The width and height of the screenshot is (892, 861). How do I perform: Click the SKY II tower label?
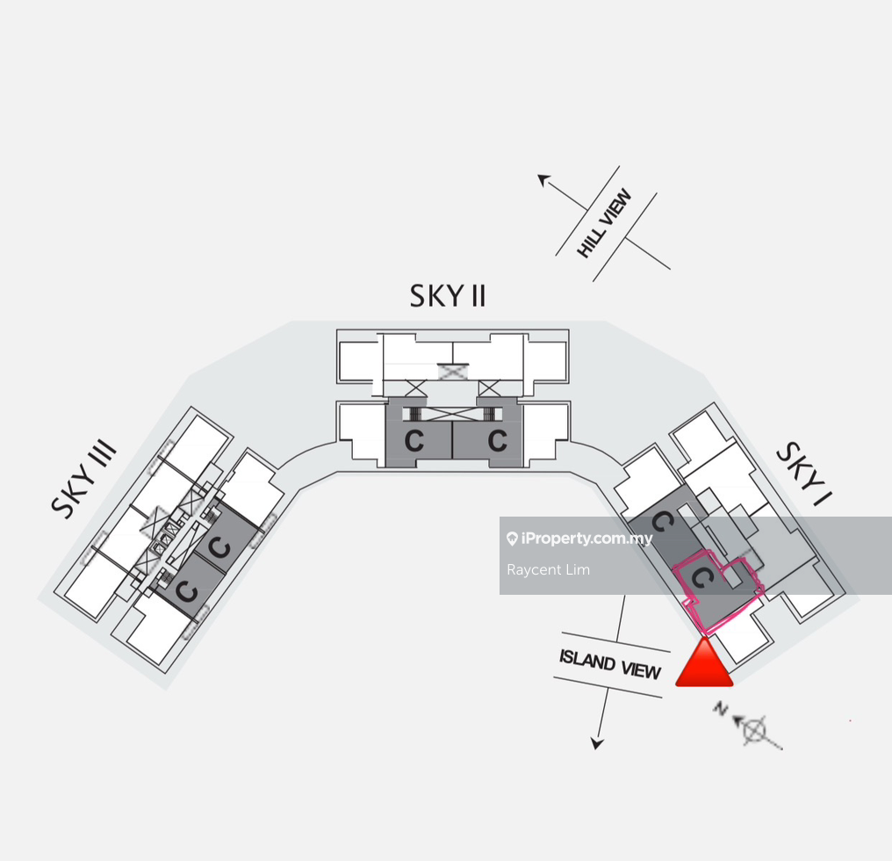(448, 296)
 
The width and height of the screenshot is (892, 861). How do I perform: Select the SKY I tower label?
(803, 474)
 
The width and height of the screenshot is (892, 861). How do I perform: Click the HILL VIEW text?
(605, 224)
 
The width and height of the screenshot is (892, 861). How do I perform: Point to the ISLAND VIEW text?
(610, 664)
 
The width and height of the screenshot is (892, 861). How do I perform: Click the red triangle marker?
(704, 664)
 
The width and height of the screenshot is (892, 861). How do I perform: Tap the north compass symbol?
(755, 729)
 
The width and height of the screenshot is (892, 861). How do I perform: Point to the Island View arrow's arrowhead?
(598, 743)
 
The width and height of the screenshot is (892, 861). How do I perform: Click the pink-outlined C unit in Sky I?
(701, 578)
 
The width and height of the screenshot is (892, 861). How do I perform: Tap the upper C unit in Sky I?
(664, 524)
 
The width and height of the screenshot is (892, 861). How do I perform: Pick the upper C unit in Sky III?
(219, 549)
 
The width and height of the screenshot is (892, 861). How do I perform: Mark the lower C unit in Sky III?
(185, 590)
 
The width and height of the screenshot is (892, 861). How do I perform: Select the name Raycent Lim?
(548, 570)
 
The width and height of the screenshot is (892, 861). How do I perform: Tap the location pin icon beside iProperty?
(512, 539)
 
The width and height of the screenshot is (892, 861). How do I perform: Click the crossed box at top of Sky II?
(453, 372)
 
